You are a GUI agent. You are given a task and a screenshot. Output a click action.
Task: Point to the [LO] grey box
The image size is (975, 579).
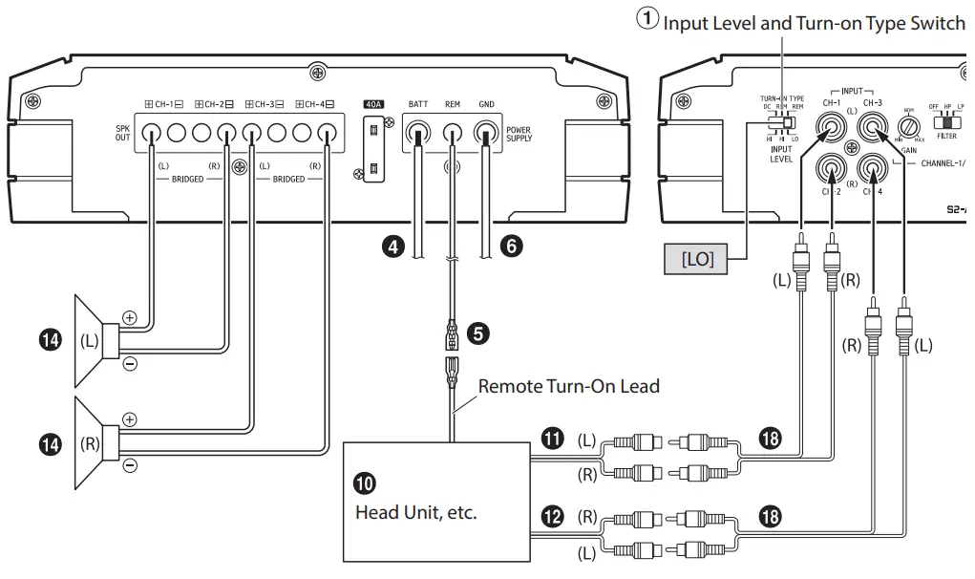[x=697, y=258]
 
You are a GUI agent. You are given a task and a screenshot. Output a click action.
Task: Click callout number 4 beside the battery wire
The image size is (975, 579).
[x=391, y=247]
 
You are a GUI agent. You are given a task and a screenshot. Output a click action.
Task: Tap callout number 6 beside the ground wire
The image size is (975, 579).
[x=512, y=247]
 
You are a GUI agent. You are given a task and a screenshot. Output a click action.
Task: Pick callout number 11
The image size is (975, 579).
[x=552, y=439]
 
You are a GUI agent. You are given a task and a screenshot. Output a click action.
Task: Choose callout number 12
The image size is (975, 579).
[x=552, y=516]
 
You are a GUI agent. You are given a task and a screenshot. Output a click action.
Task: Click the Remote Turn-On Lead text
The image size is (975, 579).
[x=568, y=386]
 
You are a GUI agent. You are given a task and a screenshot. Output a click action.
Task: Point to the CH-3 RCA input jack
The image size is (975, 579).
[x=871, y=128]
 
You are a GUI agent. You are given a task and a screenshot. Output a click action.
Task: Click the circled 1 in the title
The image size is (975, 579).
[x=648, y=20]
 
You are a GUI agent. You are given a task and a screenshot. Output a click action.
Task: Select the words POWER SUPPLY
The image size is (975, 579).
[x=519, y=134]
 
